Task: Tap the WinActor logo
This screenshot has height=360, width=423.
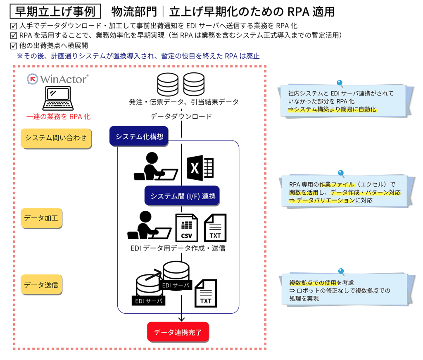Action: coord(58,79)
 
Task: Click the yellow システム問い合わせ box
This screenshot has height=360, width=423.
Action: coord(56,138)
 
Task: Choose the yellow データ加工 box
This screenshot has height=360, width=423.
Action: coord(41,217)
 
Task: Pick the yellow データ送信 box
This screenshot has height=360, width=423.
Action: coord(41,285)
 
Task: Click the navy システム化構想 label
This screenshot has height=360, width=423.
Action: coord(139,136)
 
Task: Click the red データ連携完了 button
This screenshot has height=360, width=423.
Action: coord(178,332)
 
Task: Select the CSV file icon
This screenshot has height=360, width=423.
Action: coord(186,227)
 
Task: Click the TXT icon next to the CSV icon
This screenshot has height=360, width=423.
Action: coord(215,227)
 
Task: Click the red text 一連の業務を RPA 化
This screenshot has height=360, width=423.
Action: coord(58,117)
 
